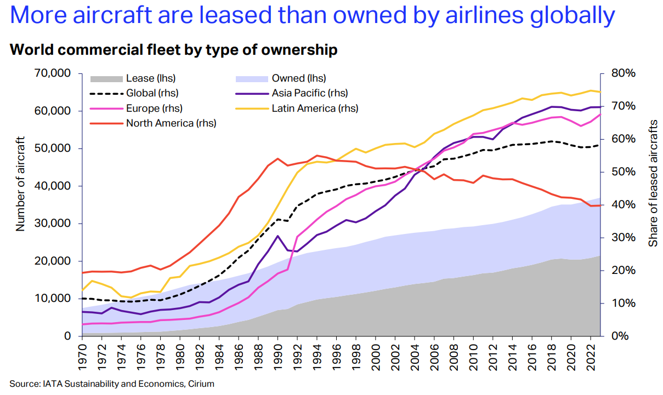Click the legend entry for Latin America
pos(315,108)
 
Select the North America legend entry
pos(171,123)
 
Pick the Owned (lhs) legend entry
pos(299,79)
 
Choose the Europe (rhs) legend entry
pos(154,108)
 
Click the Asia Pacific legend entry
pos(309,94)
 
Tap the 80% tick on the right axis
pos(624,73)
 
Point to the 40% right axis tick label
pos(624,205)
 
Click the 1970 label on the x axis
pos(82,356)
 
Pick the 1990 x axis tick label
pos(278,356)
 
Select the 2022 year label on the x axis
pos(591,356)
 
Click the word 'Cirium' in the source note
pos(201,384)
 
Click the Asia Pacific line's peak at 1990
pos(278,236)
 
